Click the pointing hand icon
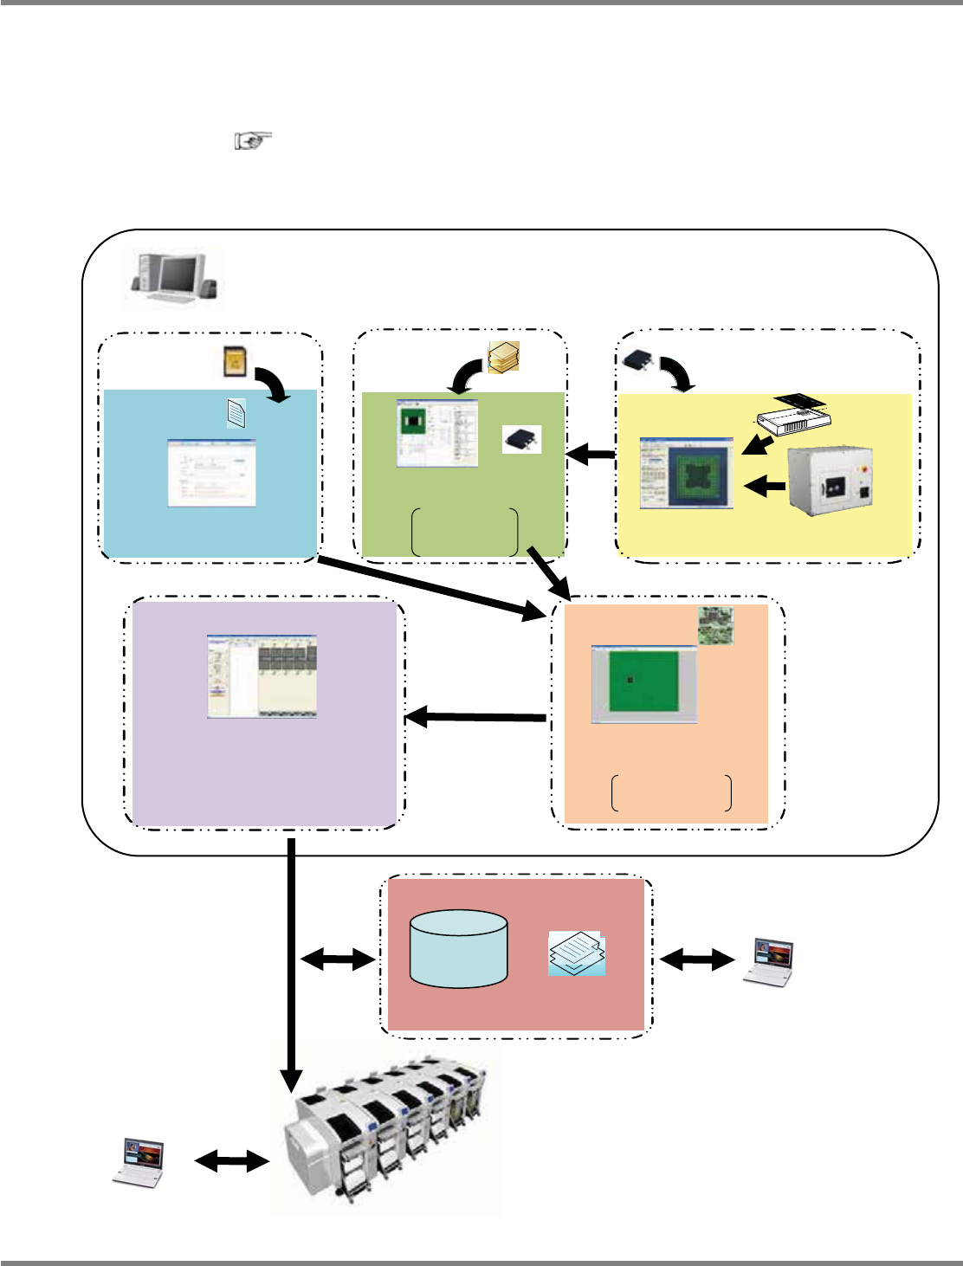point(253,140)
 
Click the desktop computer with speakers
point(174,277)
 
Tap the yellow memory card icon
point(232,362)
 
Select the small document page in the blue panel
point(236,414)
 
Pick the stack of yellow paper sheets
point(503,357)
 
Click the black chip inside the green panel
point(521,439)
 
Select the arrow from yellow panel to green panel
point(590,453)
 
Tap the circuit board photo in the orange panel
point(716,625)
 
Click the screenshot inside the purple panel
point(262,676)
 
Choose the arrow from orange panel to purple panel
point(475,716)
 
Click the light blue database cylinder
point(458,948)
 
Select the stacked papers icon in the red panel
point(577,954)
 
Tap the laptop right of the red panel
point(769,961)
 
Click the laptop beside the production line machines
point(139,1161)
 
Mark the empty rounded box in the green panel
point(465,532)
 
